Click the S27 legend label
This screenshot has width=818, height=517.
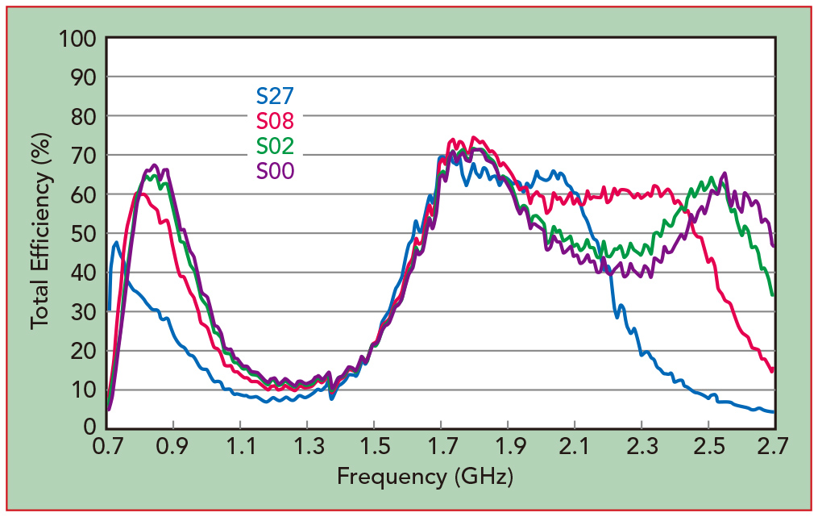click(275, 95)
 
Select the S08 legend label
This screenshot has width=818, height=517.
click(275, 121)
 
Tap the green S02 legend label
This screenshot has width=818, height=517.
click(275, 146)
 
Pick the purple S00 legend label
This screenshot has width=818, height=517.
click(275, 171)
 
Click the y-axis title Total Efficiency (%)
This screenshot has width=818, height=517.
click(39, 232)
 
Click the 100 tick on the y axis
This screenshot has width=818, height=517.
click(77, 38)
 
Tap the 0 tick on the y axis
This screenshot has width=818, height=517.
click(89, 427)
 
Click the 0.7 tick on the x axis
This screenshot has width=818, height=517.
click(107, 445)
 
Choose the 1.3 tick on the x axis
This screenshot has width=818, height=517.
click(306, 445)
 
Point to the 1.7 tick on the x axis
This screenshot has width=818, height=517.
click(440, 445)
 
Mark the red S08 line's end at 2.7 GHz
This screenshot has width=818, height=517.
click(773, 370)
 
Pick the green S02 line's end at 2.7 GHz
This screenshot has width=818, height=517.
click(773, 295)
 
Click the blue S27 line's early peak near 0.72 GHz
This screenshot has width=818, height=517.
click(116, 242)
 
